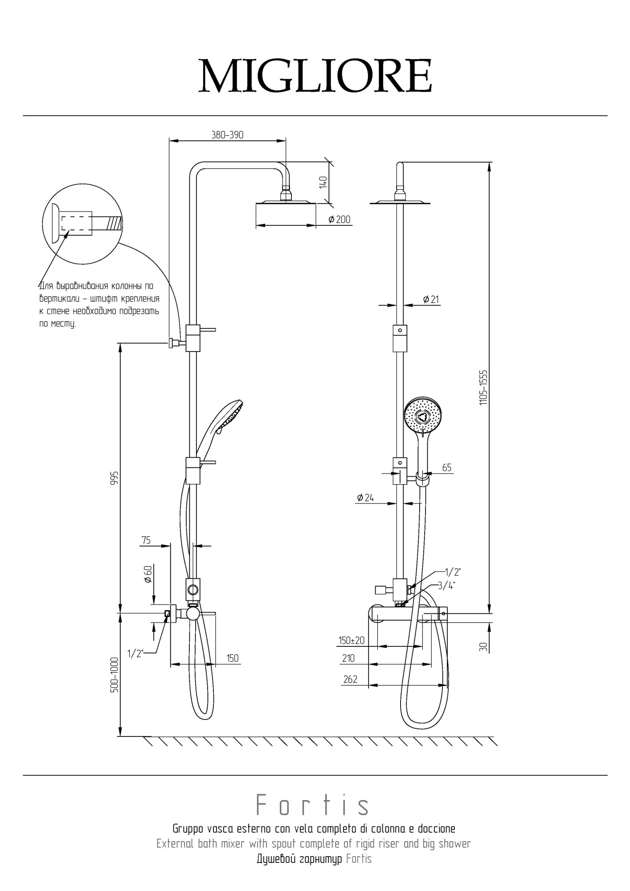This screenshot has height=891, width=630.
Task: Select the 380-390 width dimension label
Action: pyautogui.click(x=227, y=135)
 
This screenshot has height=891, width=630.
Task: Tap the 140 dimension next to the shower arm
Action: pyautogui.click(x=323, y=182)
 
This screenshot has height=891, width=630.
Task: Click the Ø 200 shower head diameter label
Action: pyautogui.click(x=339, y=220)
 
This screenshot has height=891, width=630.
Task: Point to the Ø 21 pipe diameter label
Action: pyautogui.click(x=431, y=299)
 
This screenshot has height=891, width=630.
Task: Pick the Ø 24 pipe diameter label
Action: pyautogui.click(x=365, y=498)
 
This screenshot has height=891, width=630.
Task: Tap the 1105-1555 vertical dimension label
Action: pyautogui.click(x=484, y=387)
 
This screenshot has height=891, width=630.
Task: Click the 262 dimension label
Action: pyautogui.click(x=350, y=679)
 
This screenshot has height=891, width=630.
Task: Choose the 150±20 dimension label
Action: pyautogui.click(x=352, y=641)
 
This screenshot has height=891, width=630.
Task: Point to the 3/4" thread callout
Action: pyautogui.click(x=446, y=586)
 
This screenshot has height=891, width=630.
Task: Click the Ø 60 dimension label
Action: pyautogui.click(x=148, y=574)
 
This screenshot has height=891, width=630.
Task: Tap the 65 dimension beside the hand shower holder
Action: pyautogui.click(x=446, y=467)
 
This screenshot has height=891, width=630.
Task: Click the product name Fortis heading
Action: pyautogui.click(x=313, y=806)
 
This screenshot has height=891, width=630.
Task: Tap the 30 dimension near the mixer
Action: pyautogui.click(x=483, y=646)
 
